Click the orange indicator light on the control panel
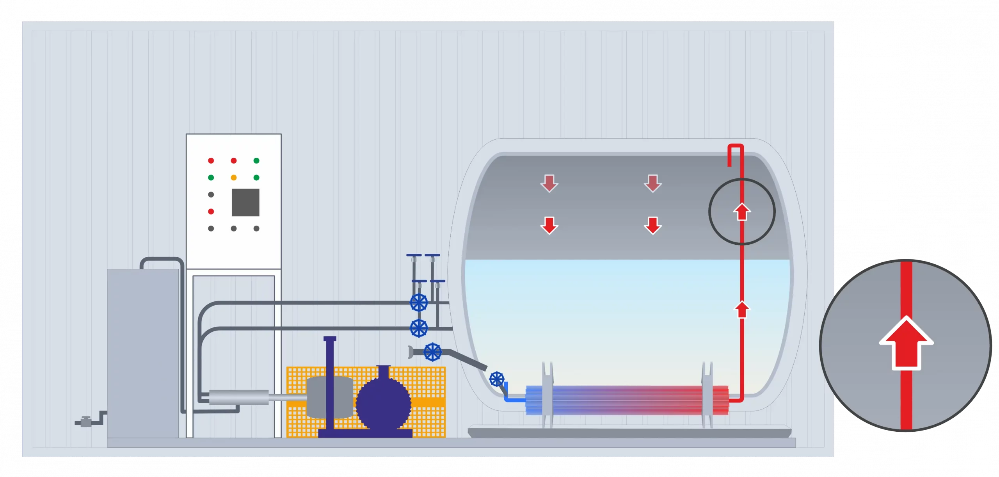click(x=234, y=178)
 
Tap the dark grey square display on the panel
click(x=245, y=202)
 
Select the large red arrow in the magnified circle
click(x=906, y=344)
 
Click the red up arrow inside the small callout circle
click(x=742, y=212)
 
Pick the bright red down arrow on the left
click(x=549, y=225)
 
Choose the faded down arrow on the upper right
click(x=652, y=183)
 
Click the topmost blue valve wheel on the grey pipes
click(x=419, y=302)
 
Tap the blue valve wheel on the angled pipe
click(x=432, y=352)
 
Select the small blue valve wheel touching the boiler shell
click(x=497, y=379)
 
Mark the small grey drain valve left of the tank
click(x=85, y=422)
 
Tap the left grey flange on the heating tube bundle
click(x=547, y=394)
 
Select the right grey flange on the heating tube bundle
click(x=707, y=394)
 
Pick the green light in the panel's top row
click(x=256, y=160)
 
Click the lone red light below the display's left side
click(x=211, y=212)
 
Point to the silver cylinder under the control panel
click(x=239, y=397)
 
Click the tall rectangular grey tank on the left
click(x=143, y=353)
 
